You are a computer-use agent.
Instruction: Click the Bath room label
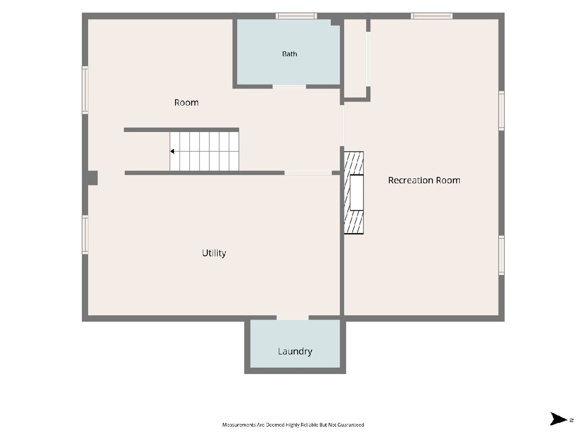[x=290, y=54]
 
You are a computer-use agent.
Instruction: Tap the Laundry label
[x=294, y=352]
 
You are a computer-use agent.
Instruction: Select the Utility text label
[x=214, y=253]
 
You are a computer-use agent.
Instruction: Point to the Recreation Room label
[x=424, y=180]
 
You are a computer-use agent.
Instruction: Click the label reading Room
[x=186, y=103]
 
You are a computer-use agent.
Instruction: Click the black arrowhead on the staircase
[x=173, y=152]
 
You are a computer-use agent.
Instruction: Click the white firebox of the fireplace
[x=357, y=193]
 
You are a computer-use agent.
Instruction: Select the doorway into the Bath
[x=289, y=87]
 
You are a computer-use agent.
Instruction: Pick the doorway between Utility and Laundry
[x=293, y=318]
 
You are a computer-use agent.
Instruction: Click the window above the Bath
[x=296, y=16]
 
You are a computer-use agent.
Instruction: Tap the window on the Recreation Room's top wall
[x=431, y=16]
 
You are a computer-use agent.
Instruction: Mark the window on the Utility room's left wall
[x=85, y=235]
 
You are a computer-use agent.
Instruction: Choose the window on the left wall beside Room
[x=85, y=90]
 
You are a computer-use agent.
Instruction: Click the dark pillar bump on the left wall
[x=93, y=178]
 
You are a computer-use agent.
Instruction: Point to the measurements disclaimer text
[x=293, y=425]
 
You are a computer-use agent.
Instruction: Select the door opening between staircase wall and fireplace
[x=308, y=173]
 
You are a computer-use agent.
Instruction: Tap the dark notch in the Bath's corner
[x=336, y=22]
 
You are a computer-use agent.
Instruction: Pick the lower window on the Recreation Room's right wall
[x=501, y=255]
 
